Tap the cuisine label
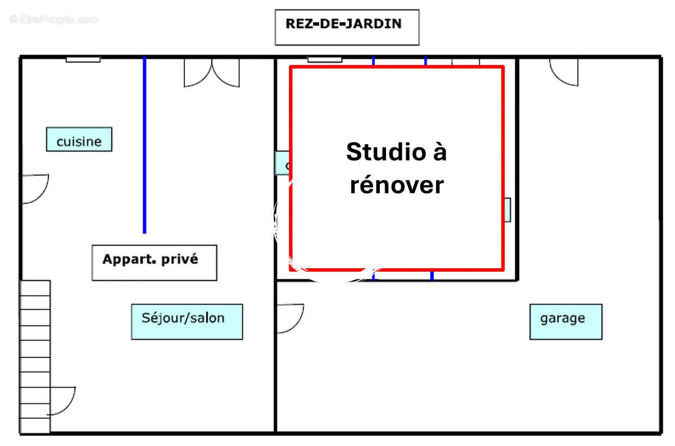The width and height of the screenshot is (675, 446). [x=79, y=140]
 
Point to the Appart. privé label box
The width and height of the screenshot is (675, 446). [x=154, y=262]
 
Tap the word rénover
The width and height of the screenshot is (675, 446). [x=397, y=185]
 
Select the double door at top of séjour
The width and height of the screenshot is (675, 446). [x=211, y=73]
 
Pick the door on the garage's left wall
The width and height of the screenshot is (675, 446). [x=289, y=318]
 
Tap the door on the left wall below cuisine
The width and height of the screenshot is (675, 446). [x=35, y=188]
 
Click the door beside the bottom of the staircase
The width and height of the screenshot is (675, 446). [x=62, y=401]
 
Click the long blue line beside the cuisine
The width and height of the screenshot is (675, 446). [x=145, y=145]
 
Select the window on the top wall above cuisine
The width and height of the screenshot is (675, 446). [x=83, y=59]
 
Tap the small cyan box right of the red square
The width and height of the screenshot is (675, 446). [x=507, y=209]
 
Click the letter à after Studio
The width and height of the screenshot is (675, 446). [x=439, y=152]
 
